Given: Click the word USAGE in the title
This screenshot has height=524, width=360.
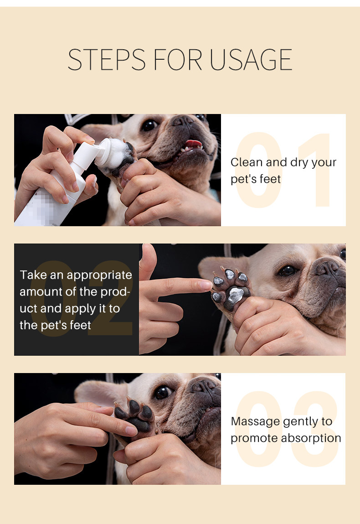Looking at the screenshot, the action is point(251,59).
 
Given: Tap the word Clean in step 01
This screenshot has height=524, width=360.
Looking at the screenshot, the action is point(247,162).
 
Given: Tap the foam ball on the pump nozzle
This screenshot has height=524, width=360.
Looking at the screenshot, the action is point(113,153).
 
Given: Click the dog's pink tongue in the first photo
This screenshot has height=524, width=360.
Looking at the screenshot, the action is point(194,144).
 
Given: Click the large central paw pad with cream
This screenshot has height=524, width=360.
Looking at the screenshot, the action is point(236,296).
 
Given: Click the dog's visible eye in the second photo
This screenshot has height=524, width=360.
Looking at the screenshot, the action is point(287,270).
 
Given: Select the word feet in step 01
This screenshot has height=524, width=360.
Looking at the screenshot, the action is point(270,179).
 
